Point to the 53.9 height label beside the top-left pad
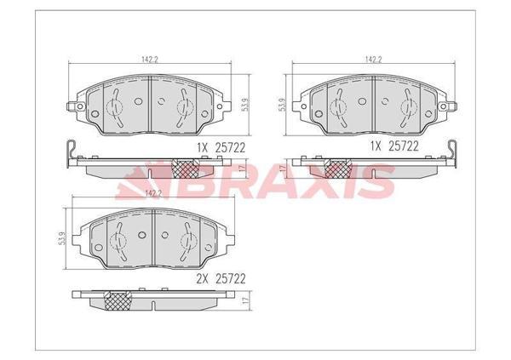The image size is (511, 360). pyautogui.click(x=246, y=105)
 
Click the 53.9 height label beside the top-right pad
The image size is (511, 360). pyautogui.click(x=283, y=105)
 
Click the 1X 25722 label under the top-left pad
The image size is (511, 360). pyautogui.click(x=221, y=148)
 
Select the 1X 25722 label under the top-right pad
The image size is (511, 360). pyautogui.click(x=394, y=146)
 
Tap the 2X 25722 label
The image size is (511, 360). pyautogui.click(x=221, y=279)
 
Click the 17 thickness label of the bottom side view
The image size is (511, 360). pyautogui.click(x=246, y=300)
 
